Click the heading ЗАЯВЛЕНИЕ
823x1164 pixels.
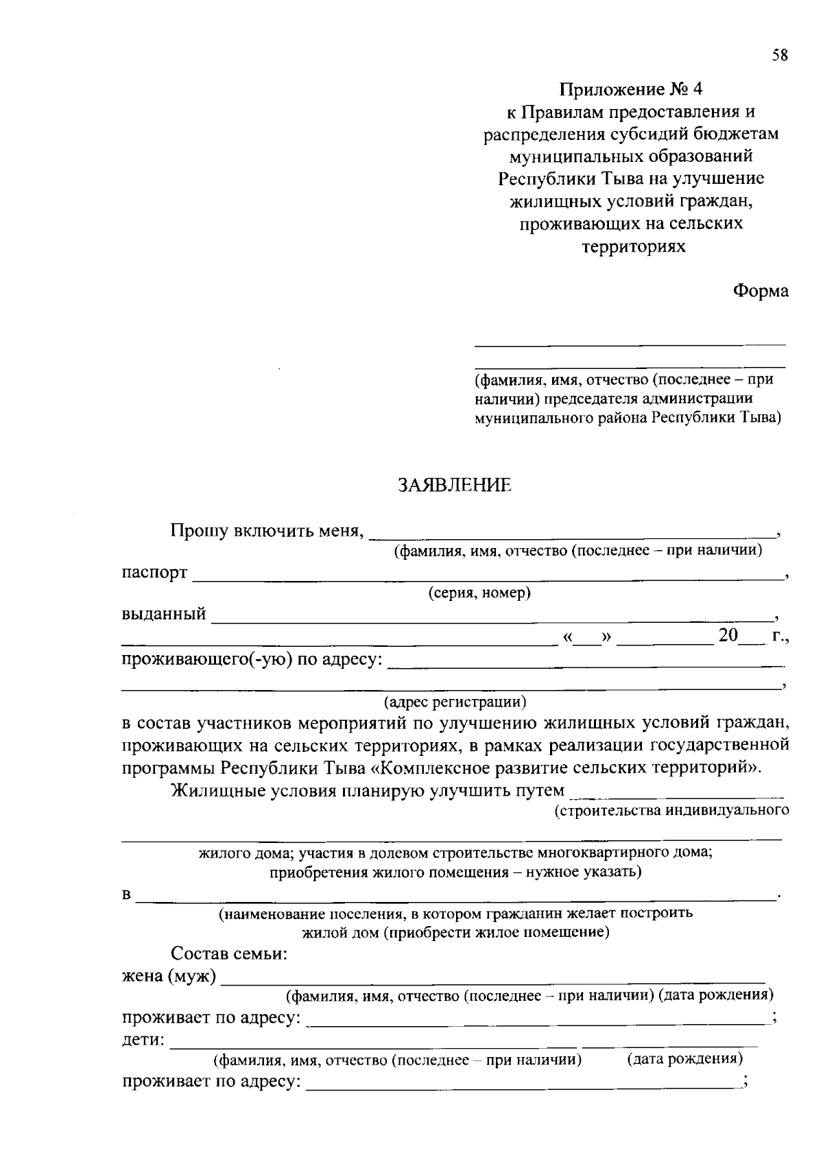tap(455, 486)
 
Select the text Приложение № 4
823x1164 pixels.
tap(631, 89)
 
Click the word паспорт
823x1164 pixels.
tap(155, 573)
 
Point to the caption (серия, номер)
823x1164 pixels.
tap(479, 593)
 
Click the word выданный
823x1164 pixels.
tap(164, 614)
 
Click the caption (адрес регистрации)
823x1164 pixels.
tap(455, 702)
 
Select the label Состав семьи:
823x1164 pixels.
tap(229, 954)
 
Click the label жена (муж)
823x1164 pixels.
tap(169, 976)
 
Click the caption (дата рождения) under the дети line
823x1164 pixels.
tap(684, 1058)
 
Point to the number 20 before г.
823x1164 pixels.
tap(728, 636)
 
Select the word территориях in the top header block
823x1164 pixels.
tap(633, 246)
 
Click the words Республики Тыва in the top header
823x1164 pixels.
tap(549, 179)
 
